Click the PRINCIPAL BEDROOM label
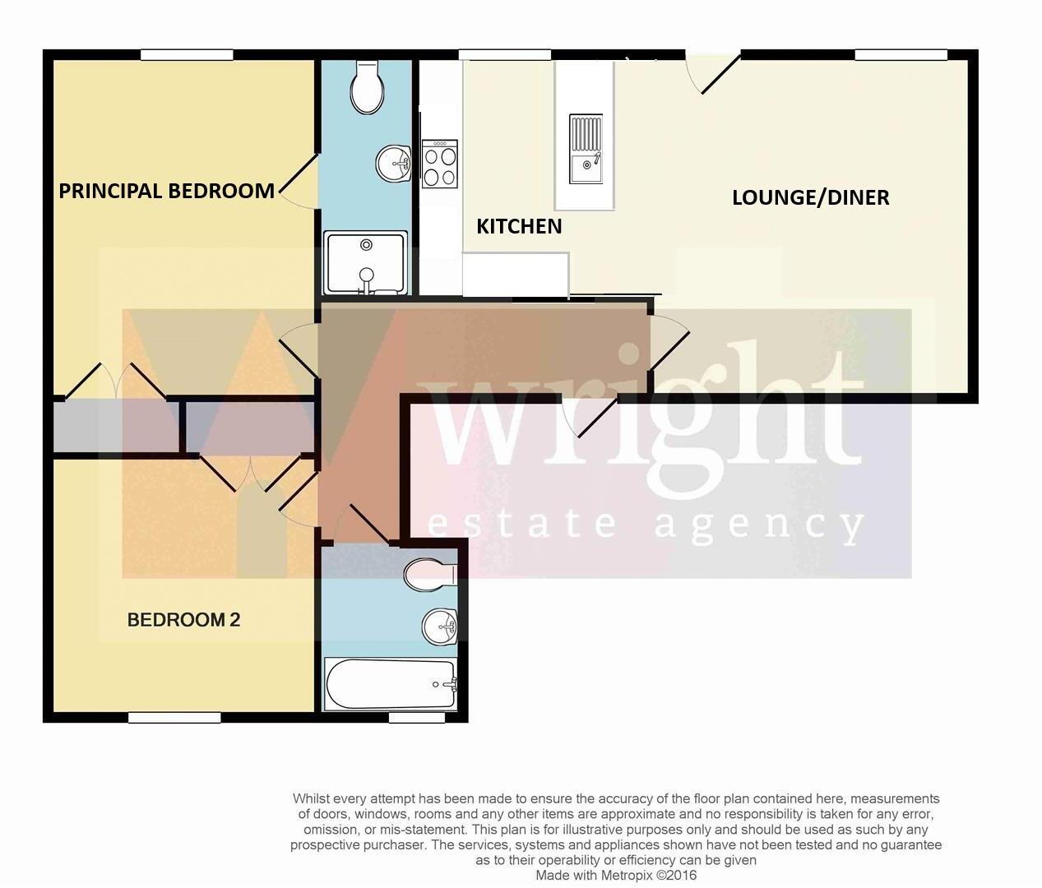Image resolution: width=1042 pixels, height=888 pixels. pos(166,191)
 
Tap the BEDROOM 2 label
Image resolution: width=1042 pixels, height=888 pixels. pos(183,620)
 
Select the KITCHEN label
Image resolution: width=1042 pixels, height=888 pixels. pos(519,226)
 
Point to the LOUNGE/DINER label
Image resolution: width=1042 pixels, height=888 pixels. pos(810,197)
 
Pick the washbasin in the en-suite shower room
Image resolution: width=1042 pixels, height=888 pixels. pos(394,163)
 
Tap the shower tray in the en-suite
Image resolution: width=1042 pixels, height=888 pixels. pos(366,262)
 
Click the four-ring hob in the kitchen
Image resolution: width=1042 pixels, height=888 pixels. pos(439,164)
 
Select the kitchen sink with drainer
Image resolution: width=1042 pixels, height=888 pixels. pos(586,150)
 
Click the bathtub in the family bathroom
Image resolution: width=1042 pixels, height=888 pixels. pos(391,684)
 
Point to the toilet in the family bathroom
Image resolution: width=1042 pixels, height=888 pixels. pos(430,575)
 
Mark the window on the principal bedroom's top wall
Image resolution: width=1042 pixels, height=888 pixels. pos(187,55)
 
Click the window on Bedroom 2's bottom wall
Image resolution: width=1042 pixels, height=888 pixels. pos(174,718)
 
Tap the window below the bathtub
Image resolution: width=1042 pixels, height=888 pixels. pos(416,718)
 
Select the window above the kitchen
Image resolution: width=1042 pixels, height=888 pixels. pos(504,55)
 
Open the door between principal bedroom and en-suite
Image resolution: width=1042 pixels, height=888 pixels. pos(298,182)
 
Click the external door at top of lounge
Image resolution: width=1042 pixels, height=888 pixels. pos(712,72)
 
